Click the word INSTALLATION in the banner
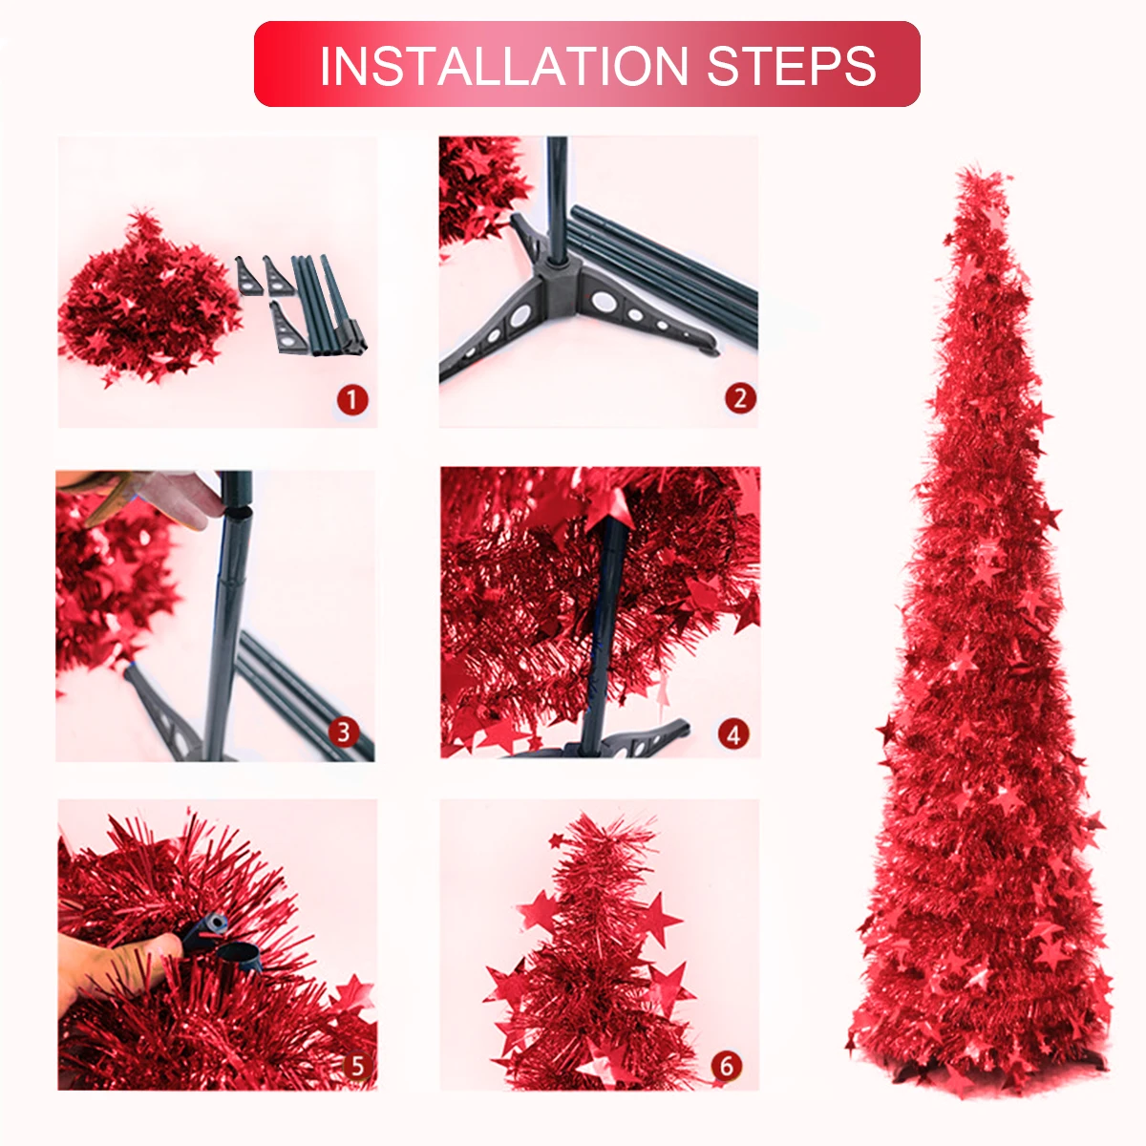click(503, 66)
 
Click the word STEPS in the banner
click(792, 66)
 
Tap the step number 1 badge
click(352, 400)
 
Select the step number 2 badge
click(740, 398)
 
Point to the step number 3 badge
click(344, 732)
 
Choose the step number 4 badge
click(733, 735)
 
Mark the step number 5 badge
click(357, 1067)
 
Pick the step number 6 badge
click(727, 1067)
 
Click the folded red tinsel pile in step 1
click(149, 297)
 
